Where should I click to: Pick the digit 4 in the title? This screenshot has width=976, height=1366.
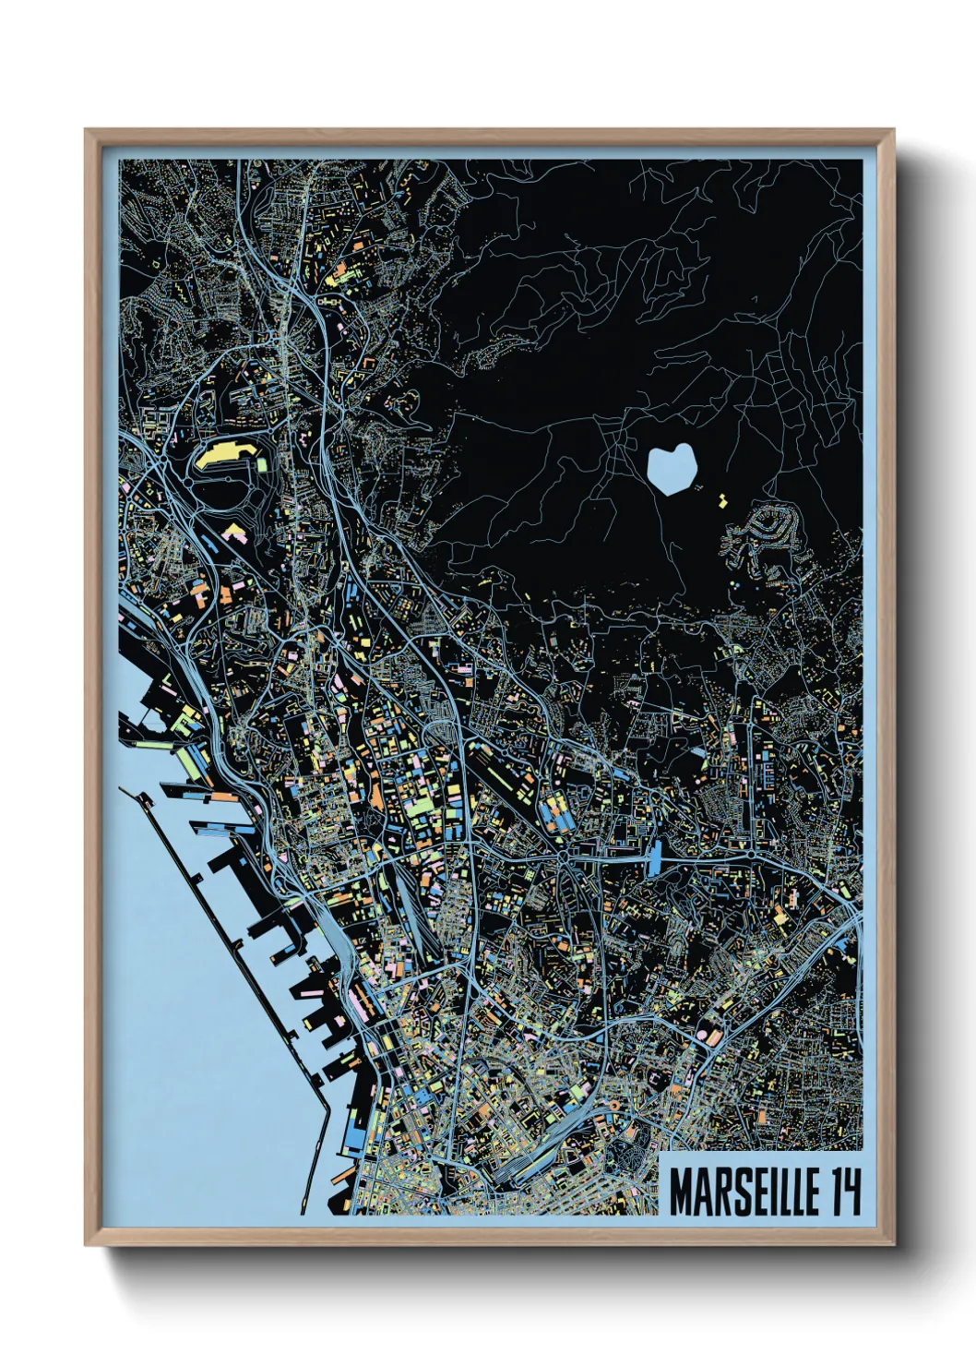coord(851,1192)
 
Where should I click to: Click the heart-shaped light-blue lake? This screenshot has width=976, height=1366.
coord(671,468)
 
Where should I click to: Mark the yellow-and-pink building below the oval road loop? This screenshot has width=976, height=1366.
coord(233,532)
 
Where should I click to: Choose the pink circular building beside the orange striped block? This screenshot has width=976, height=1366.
coord(710,1036)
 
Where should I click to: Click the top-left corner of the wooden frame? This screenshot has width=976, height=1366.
coord(86,130)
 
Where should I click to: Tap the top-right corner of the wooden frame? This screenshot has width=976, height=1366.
coord(893,130)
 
